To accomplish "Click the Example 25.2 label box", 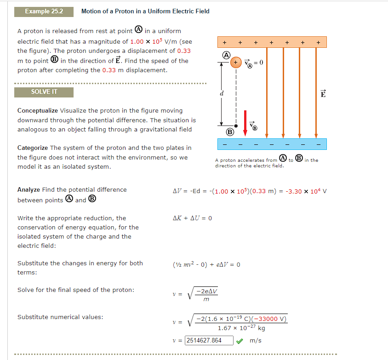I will coord(44,11).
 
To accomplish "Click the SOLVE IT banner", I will coord(44,91).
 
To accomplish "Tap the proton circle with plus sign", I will coord(235,62).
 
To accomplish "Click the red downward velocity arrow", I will coord(245,122).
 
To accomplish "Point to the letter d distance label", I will coord(222,94).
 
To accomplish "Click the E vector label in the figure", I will coord(323,94).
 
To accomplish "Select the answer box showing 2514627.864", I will coord(209,341).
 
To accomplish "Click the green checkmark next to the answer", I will coord(240,341).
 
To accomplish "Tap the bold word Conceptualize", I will coord(38,110).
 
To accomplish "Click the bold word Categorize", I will coord(32,148).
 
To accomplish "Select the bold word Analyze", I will coord(29,189).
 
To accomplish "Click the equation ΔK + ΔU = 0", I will coord(192,218).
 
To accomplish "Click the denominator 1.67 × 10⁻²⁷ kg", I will coord(241,328).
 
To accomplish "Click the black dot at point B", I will coord(235,125).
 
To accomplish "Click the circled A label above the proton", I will coord(226,54).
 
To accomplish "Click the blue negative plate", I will coord(272,143).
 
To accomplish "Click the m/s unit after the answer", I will coord(256,341).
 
